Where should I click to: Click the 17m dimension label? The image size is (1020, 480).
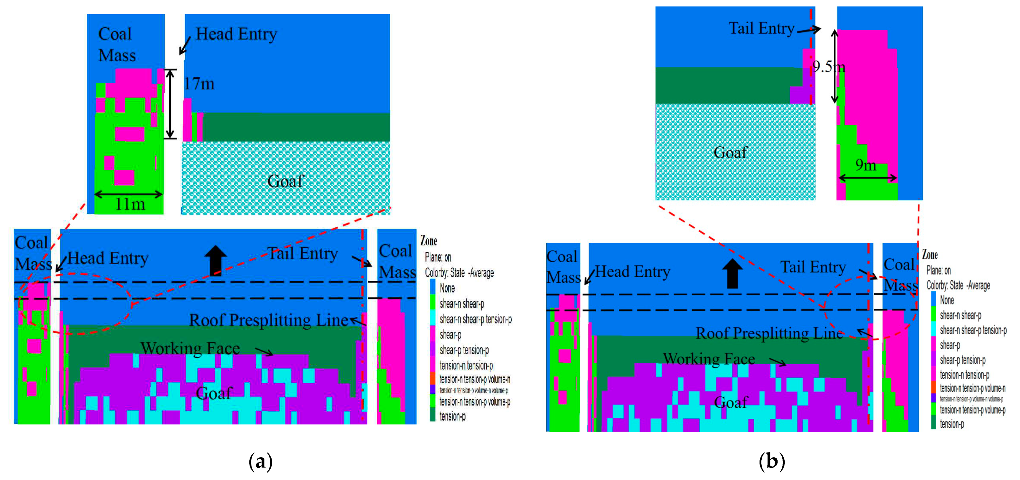click(x=199, y=84)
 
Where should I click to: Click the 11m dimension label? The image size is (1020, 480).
click(x=130, y=204)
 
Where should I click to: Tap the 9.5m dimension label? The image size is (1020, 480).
click(x=828, y=67)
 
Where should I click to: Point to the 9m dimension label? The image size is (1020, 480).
click(x=865, y=165)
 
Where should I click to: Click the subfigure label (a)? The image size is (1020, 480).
click(x=261, y=461)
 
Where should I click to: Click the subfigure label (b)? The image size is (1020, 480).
click(x=772, y=461)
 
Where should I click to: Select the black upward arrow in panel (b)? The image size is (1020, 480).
click(x=733, y=273)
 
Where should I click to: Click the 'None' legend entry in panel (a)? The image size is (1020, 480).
click(x=447, y=288)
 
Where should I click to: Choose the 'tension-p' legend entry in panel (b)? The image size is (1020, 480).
click(x=952, y=424)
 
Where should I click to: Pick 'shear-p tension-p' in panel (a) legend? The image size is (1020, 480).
click(x=464, y=350)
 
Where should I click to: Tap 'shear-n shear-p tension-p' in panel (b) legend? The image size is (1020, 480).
click(x=973, y=330)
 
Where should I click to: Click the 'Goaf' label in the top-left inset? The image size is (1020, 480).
click(x=285, y=181)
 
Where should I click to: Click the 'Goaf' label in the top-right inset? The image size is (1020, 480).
click(x=731, y=152)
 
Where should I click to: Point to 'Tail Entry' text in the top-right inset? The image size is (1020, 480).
click(x=761, y=28)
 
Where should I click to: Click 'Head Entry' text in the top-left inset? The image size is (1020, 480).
click(x=236, y=34)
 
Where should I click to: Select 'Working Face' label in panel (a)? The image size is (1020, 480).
click(x=190, y=348)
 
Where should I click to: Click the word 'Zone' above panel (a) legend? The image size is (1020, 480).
click(x=429, y=241)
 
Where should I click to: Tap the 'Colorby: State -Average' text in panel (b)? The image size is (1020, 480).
click(x=958, y=285)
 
